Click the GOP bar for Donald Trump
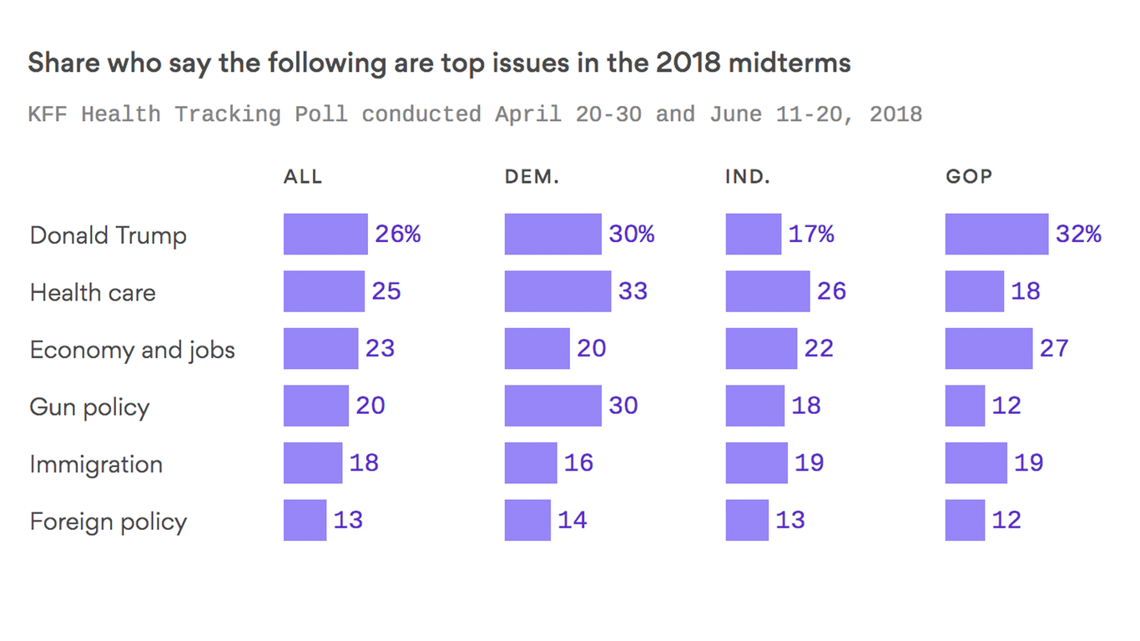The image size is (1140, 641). tap(996, 235)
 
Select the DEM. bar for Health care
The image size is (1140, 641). tap(557, 291)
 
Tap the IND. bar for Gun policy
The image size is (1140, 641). tap(754, 406)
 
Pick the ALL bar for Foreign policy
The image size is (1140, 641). tap(305, 520)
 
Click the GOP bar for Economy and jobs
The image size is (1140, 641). tap(988, 348)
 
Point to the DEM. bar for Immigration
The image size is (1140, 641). tap(531, 462)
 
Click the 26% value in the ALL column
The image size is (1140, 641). tap(397, 235)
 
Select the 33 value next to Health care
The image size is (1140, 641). tap(633, 291)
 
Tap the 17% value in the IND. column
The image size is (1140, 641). tap(811, 235)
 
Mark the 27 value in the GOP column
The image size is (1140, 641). tap(1054, 348)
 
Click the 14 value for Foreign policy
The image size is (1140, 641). tap(573, 520)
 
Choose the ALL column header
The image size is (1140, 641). tap(302, 177)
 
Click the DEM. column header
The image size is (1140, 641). tap(532, 177)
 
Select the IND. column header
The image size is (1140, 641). tap(748, 177)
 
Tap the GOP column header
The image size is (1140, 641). tap(968, 177)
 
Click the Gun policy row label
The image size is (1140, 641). tap(89, 407)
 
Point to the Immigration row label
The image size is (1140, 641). tap(96, 464)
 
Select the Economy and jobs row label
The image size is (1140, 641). tap(132, 350)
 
